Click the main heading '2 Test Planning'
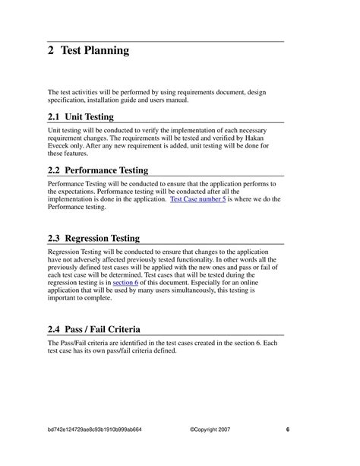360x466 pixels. coord(88,52)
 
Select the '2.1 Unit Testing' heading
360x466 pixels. coord(81,117)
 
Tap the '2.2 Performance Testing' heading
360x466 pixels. coord(98,170)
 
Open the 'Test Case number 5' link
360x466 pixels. coord(198,199)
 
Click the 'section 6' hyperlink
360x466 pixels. coord(125,282)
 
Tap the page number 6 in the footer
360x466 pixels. coord(288,429)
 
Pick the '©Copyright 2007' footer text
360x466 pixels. coord(211,429)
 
